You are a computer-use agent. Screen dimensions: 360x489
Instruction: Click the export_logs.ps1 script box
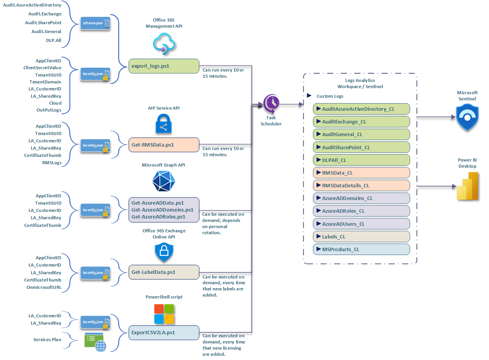[163, 66]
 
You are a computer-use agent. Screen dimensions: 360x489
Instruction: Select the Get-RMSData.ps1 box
[163, 145]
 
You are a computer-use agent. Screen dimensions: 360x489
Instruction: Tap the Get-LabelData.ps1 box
[163, 272]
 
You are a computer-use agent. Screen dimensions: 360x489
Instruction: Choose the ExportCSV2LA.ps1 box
[163, 332]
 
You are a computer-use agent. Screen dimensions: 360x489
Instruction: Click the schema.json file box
[95, 23]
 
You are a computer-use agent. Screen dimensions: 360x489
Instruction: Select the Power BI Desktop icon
[467, 186]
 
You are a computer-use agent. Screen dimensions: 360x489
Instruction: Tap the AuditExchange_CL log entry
[361, 122]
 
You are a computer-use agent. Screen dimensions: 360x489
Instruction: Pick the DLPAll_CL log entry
[361, 160]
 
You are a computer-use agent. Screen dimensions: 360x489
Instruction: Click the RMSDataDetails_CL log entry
[361, 185]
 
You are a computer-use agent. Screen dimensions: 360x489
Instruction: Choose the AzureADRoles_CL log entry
[361, 211]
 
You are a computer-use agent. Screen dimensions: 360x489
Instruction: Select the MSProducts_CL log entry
[361, 249]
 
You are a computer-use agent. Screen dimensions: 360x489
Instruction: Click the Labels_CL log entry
[361, 237]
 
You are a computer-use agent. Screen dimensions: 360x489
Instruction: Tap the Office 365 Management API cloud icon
[164, 43]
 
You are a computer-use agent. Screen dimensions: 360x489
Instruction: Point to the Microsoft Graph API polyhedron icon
[164, 180]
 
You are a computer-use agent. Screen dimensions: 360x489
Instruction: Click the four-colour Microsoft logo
[164, 314]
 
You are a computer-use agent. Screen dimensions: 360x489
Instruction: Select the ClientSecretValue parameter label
[42, 68]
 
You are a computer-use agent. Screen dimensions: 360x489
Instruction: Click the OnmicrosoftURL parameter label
[43, 287]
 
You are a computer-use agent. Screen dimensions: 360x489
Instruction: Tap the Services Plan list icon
[95, 342]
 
